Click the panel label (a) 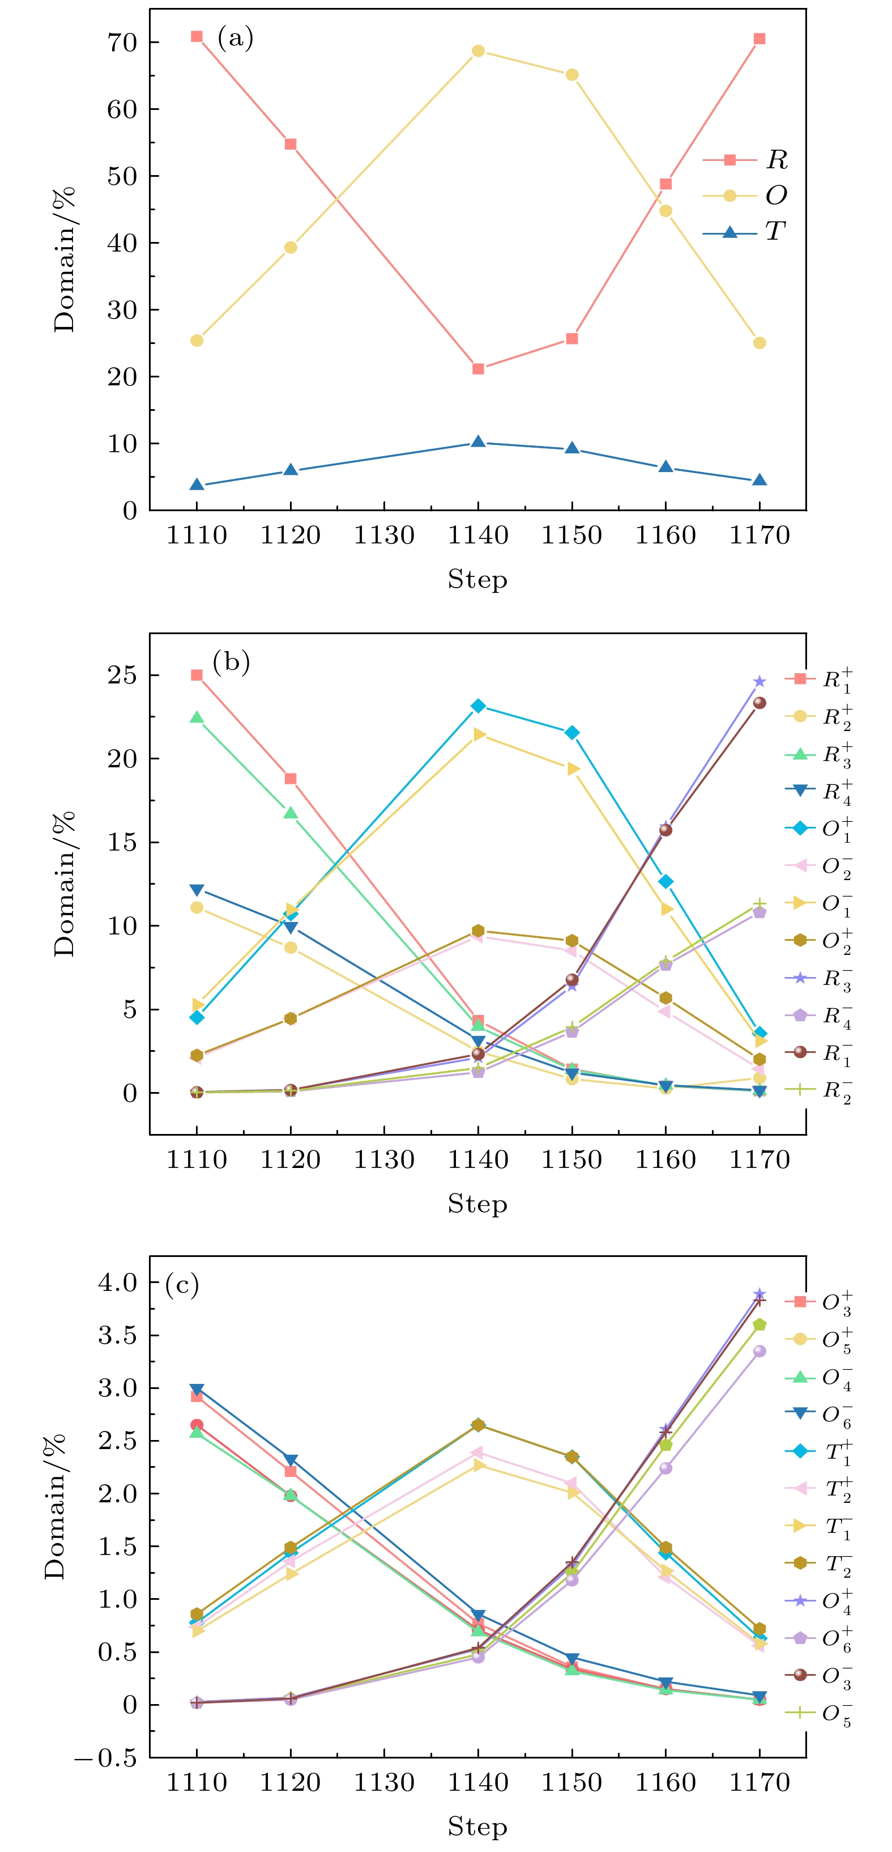pyautogui.click(x=235, y=38)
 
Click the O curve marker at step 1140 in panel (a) pyautogui.click(x=478, y=51)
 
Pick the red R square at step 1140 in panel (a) pyautogui.click(x=478, y=369)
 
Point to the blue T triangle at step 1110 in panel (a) pyautogui.click(x=197, y=485)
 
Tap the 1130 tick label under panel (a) pyautogui.click(x=384, y=536)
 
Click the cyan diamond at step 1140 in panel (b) pyautogui.click(x=478, y=706)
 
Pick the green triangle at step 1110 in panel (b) pyautogui.click(x=197, y=717)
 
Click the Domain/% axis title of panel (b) pyautogui.click(x=65, y=883)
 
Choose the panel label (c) pyautogui.click(x=182, y=1284)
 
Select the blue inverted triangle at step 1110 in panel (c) pyautogui.click(x=197, y=1390)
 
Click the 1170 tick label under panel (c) pyautogui.click(x=759, y=1783)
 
